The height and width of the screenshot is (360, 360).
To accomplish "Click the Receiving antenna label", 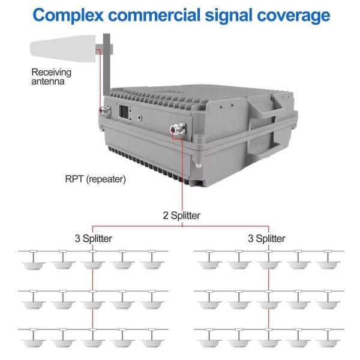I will pyautogui.click(x=51, y=77).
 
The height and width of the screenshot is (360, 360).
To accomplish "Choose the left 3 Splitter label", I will pyautogui.click(x=92, y=238).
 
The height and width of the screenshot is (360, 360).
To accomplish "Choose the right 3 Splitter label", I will pyautogui.click(x=266, y=238).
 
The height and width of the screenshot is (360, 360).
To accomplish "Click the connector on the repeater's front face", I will pyautogui.click(x=178, y=128).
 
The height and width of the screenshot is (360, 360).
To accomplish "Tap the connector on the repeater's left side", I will pyautogui.click(x=103, y=111).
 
